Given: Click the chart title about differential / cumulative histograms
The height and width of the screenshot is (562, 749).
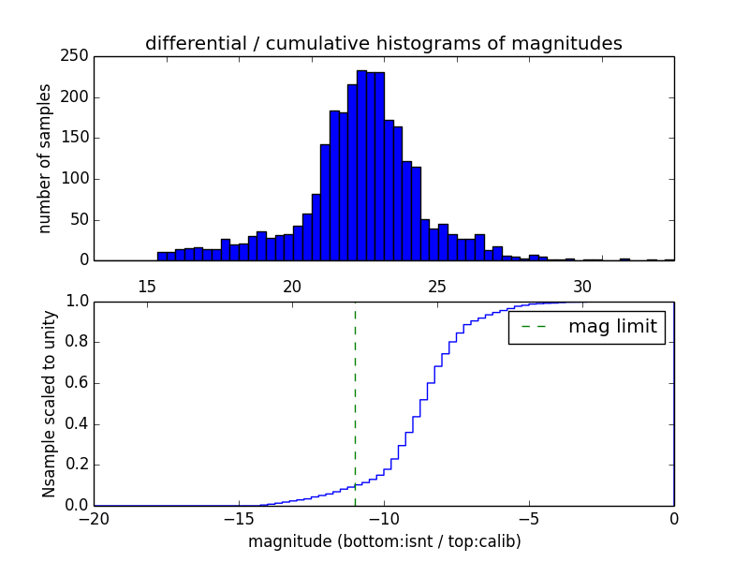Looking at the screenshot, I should pos(383,43).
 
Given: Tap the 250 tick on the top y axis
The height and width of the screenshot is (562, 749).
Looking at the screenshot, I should pos(78,57).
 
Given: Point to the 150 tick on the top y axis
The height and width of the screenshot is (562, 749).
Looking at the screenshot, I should pos(78,139).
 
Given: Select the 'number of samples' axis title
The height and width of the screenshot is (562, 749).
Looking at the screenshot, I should pos(45,158).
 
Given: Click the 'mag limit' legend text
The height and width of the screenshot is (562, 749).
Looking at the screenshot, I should pos(612,328).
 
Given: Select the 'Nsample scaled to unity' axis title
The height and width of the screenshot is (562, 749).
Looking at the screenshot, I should pos(49,403).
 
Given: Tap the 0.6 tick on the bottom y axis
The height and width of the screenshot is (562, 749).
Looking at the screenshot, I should pos(75,383).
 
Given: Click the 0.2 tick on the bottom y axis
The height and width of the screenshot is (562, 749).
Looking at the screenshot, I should pos(75,466).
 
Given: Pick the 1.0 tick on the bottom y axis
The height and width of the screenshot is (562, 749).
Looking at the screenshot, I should pos(75,302).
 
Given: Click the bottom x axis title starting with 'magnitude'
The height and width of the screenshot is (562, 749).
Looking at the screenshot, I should pos(384,541).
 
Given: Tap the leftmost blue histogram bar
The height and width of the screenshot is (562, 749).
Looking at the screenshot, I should pos(162,256).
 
